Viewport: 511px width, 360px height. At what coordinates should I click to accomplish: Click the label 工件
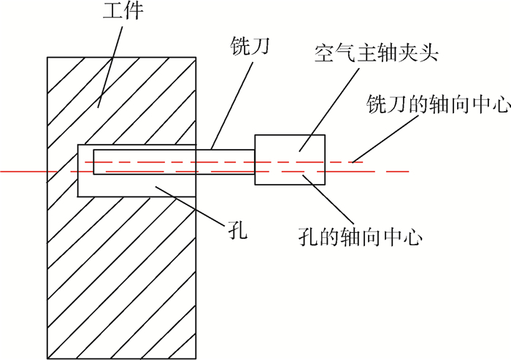[123, 10]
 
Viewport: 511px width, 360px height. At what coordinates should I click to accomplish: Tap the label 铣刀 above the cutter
[250, 46]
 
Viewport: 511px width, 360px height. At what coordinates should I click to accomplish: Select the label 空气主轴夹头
[376, 53]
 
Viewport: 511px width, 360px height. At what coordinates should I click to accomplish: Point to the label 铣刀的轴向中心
[438, 104]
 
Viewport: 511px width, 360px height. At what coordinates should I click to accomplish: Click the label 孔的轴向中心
[360, 237]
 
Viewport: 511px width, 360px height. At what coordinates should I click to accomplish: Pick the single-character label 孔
[237, 231]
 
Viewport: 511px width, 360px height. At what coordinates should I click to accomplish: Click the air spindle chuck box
[290, 160]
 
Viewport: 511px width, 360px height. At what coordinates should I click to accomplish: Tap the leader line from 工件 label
[110, 67]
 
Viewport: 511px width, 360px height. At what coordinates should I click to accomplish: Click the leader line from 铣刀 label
[231, 106]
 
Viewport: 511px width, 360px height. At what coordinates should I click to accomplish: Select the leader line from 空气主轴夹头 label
[329, 110]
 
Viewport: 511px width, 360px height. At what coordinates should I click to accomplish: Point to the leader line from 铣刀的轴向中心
[385, 138]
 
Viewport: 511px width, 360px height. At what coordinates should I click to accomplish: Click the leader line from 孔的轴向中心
[328, 198]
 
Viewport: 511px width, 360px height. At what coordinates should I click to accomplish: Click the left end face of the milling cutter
[93, 162]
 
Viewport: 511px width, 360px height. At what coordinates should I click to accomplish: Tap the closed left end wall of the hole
[78, 171]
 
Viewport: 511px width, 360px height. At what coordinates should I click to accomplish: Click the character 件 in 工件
[134, 10]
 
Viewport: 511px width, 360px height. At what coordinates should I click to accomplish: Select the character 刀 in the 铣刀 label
[260, 46]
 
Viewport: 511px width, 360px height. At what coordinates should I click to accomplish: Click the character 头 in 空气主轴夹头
[428, 53]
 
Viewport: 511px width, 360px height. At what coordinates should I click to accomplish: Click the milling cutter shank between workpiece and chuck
[225, 162]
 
